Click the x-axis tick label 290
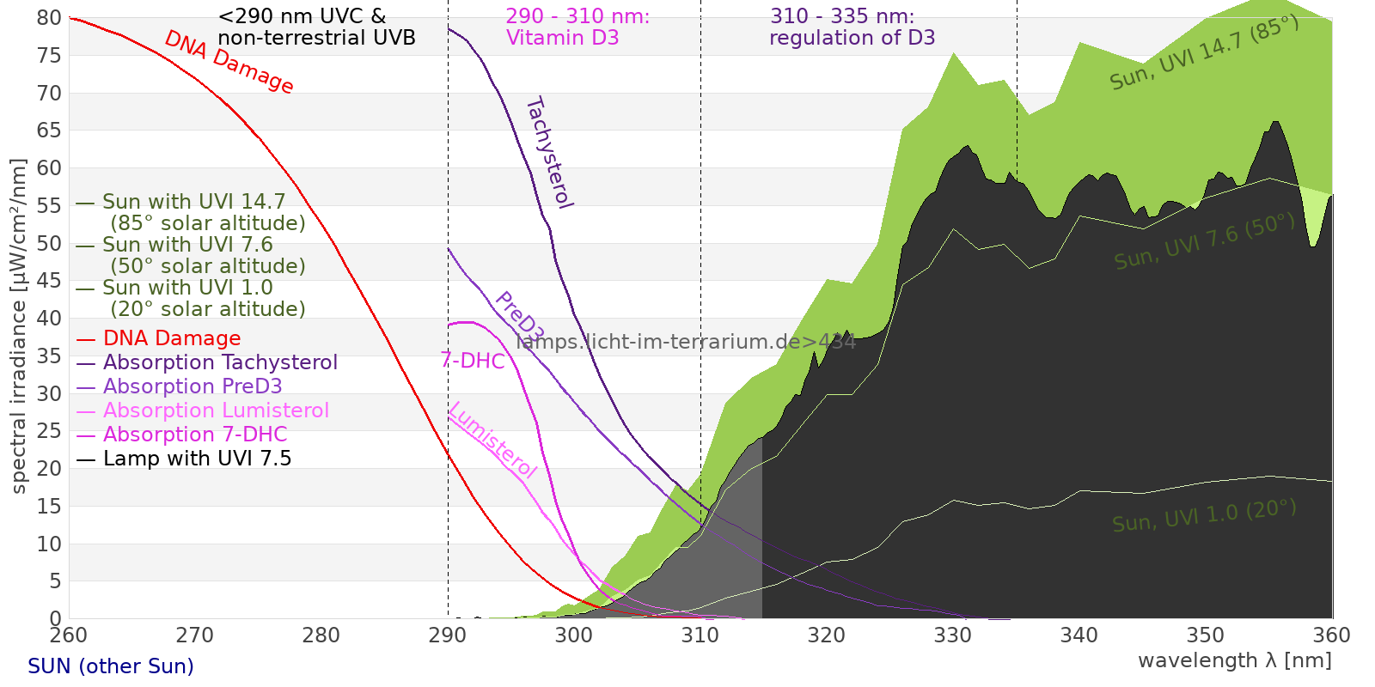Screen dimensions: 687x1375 tap(447, 635)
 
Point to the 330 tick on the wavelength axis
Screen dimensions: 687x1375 tap(952, 635)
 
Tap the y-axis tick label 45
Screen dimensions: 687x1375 tap(50, 281)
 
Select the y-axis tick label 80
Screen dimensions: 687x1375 tap(50, 18)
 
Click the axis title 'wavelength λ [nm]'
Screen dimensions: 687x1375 tap(1234, 660)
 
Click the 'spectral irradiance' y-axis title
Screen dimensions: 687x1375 tap(19, 326)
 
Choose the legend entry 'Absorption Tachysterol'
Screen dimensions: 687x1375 tap(220, 362)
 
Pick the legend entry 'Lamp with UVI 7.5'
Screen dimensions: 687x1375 tap(197, 459)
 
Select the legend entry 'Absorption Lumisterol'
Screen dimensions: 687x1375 tap(216, 410)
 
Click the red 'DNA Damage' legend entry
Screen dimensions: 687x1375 tap(172, 338)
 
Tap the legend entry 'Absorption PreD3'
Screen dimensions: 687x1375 tap(192, 386)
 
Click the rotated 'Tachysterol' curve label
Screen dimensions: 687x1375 tap(548, 153)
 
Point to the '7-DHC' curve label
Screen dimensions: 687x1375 tap(472, 361)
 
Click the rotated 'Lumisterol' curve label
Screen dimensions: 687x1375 tap(492, 440)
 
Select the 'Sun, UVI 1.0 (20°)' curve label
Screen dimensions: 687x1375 tap(1204, 515)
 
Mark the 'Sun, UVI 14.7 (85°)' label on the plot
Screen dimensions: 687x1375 tap(1204, 53)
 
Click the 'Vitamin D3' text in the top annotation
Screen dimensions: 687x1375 tap(562, 38)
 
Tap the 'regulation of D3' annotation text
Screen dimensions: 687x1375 tap(852, 38)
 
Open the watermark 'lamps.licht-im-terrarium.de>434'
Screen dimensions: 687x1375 tap(686, 342)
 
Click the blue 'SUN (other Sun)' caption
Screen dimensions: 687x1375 tap(111, 666)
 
